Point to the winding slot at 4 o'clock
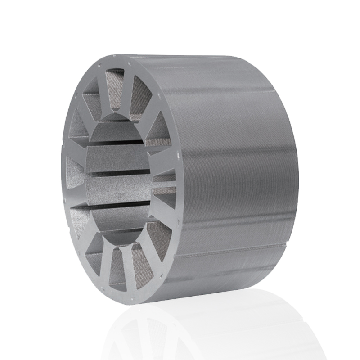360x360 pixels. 160,232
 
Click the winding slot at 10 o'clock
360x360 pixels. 81,121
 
